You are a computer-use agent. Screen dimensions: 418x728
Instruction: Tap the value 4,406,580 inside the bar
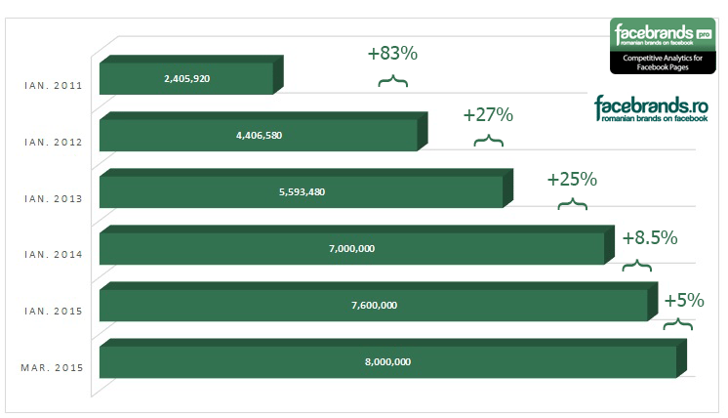pyautogui.click(x=259, y=135)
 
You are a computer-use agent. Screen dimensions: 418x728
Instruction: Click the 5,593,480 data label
pyautogui.click(x=302, y=191)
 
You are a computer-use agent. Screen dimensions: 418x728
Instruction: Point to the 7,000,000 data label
pyautogui.click(x=351, y=248)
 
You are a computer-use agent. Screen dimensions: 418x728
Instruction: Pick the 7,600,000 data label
pyautogui.click(x=374, y=305)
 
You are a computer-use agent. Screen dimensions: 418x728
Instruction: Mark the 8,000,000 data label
pyautogui.click(x=387, y=361)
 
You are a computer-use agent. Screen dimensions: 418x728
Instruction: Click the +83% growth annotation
pyautogui.click(x=392, y=54)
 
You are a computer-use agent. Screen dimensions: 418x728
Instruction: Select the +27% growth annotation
pyautogui.click(x=488, y=114)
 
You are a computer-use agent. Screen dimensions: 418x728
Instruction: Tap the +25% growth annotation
pyautogui.click(x=572, y=179)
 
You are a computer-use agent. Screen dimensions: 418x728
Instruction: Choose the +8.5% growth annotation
pyautogui.click(x=649, y=237)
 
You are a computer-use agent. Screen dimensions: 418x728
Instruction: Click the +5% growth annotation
pyautogui.click(x=684, y=300)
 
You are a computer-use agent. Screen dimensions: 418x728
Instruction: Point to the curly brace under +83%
pyautogui.click(x=392, y=80)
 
